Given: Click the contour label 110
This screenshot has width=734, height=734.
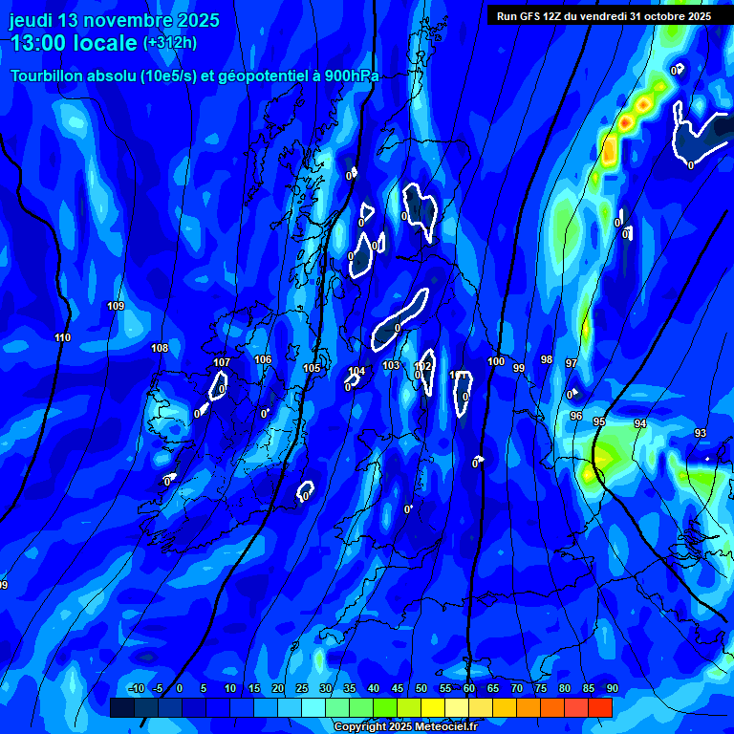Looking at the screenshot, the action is [x=63, y=338].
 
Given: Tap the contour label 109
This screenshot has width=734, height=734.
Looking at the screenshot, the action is [x=116, y=307].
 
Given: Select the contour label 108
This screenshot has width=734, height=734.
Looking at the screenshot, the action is [x=160, y=349].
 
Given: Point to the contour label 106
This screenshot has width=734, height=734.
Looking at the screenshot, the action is [x=263, y=360].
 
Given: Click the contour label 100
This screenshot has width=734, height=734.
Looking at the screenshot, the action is [x=496, y=362].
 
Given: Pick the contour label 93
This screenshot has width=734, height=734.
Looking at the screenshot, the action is [x=701, y=434].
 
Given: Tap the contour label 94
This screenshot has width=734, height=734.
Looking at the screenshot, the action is [x=640, y=423].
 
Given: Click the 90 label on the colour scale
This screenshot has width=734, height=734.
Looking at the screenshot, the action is [x=612, y=689].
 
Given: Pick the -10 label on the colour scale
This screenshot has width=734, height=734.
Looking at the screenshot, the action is [x=136, y=689].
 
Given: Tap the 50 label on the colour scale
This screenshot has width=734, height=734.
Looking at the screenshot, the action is [x=421, y=689].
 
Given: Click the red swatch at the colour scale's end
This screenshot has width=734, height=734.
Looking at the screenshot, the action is [x=600, y=707].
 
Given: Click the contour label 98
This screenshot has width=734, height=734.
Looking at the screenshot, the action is [x=547, y=360].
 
